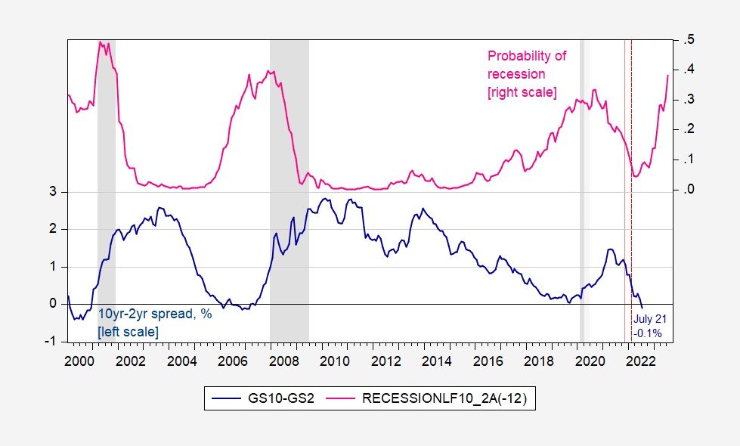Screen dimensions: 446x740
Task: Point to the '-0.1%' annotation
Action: (648, 333)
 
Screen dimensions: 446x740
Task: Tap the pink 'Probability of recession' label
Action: (526, 74)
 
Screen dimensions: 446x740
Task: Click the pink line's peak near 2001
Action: (101, 42)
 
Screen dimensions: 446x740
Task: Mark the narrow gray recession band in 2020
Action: (582, 189)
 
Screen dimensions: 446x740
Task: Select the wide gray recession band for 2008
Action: (289, 189)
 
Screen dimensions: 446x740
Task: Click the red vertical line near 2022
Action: (624, 189)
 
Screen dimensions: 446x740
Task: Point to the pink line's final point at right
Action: (667, 75)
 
